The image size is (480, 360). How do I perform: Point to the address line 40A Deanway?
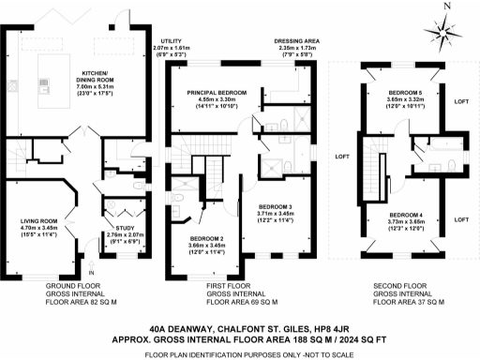[x=240, y=330]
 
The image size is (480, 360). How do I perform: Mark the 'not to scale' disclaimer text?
[x=240, y=352]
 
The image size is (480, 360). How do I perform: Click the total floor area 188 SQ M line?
[x=240, y=341]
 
